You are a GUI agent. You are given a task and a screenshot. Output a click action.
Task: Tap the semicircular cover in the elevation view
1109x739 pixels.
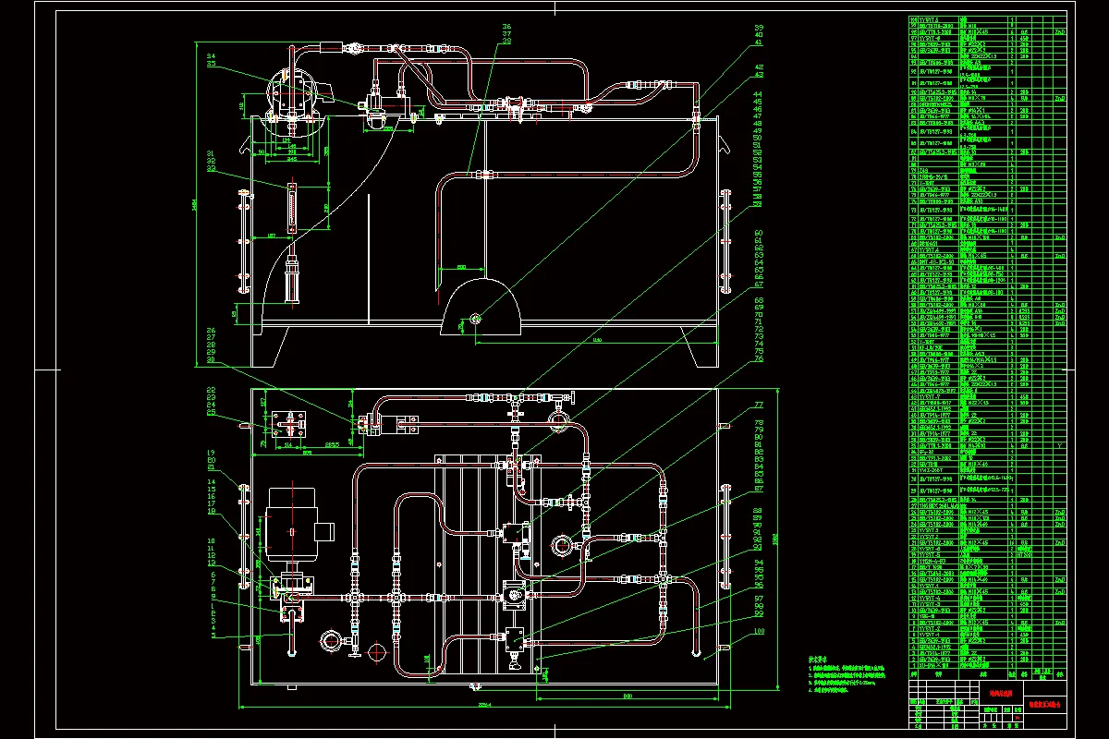click(x=483, y=309)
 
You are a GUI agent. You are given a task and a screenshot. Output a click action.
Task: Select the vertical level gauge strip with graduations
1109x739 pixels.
click(x=292, y=207)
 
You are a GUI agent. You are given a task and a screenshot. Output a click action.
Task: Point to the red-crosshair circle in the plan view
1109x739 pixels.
click(x=376, y=652)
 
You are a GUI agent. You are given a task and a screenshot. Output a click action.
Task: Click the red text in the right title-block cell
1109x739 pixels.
click(x=1046, y=704)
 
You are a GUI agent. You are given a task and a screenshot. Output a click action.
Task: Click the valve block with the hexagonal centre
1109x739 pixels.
click(x=511, y=596)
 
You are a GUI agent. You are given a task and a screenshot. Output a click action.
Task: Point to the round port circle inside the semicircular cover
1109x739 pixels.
click(x=475, y=320)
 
